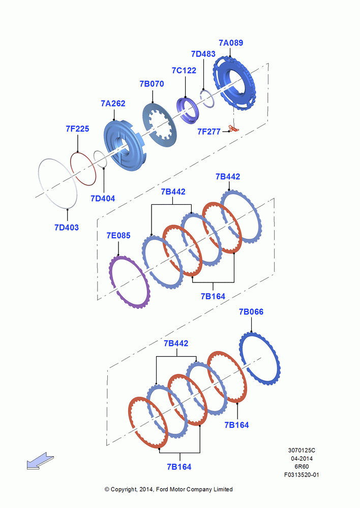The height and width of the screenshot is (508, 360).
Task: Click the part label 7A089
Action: pyautogui.click(x=231, y=43)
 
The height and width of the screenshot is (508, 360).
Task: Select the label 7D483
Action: pyautogui.click(x=203, y=54)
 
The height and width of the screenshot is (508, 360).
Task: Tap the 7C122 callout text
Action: pyautogui.click(x=184, y=70)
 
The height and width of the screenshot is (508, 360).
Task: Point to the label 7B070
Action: pyautogui.click(x=152, y=84)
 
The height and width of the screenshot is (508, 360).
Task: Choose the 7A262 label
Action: pyautogui.click(x=113, y=103)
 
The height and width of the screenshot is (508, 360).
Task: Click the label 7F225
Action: pyautogui.click(x=77, y=129)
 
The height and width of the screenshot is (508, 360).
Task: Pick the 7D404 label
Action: pyautogui.click(x=103, y=198)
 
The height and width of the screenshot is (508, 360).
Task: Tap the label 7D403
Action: pyautogui.click(x=67, y=228)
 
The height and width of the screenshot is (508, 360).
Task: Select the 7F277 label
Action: pyautogui.click(x=209, y=132)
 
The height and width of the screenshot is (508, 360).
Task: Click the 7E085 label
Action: pyautogui.click(x=118, y=236)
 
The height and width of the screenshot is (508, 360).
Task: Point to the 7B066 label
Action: pyautogui.click(x=251, y=312)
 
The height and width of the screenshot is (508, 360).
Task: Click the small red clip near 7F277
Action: pyautogui.click(x=233, y=129)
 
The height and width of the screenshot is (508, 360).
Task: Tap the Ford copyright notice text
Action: pyautogui.click(x=169, y=489)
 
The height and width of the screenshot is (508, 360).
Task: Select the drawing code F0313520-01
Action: pyautogui.click(x=302, y=474)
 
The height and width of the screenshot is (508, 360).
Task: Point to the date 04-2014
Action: pyautogui.click(x=302, y=458)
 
